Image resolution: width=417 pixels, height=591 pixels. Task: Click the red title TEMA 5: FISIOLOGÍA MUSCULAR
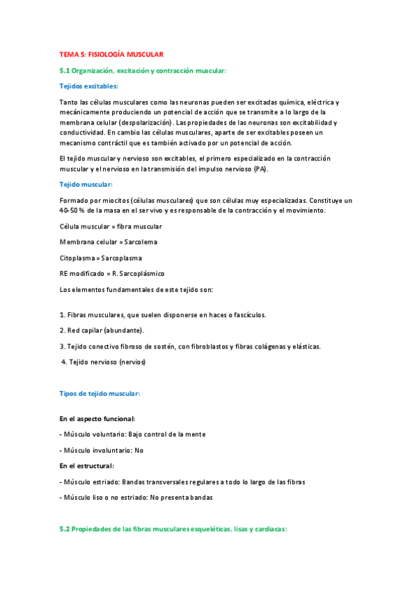pos(111,54)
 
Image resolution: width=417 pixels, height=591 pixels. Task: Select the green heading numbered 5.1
pos(143,70)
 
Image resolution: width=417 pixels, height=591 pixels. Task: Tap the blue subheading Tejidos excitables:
pos(88,86)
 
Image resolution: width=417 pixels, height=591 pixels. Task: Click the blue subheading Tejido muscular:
pos(86,184)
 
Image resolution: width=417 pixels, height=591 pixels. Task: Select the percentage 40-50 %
pos(73,210)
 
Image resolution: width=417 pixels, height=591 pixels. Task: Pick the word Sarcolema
pos(141,242)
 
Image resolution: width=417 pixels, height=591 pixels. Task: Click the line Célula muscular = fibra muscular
pos(111,227)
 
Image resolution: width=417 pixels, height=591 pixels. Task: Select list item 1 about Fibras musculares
pos(152,314)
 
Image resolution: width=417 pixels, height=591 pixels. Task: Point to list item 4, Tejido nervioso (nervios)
pos(104,362)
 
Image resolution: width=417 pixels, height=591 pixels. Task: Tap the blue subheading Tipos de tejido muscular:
pos(100,394)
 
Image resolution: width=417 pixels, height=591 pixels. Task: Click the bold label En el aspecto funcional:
pos(97,419)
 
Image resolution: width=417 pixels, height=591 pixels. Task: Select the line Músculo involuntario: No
pos(102,450)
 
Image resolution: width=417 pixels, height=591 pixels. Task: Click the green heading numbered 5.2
pos(173,529)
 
